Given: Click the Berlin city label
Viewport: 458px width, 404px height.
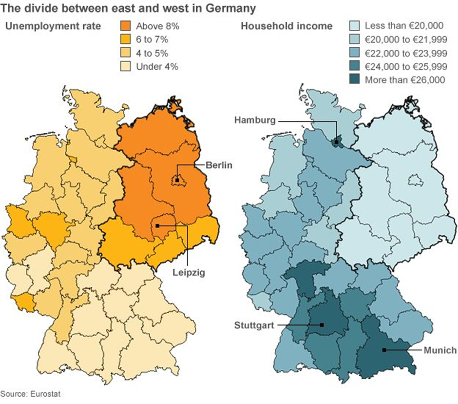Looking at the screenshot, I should [x=219, y=165].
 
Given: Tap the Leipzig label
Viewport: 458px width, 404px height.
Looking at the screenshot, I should [x=189, y=273].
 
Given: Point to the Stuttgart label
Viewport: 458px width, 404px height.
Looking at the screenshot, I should [x=254, y=324].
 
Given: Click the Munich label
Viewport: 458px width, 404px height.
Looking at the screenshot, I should [x=440, y=350].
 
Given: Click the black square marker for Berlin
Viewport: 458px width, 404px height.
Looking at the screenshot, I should [x=177, y=180].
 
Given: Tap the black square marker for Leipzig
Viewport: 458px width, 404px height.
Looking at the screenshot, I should [x=157, y=226].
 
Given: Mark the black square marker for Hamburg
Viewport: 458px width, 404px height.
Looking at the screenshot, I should [x=336, y=142].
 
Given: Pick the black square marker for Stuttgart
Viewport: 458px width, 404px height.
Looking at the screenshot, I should [x=322, y=324].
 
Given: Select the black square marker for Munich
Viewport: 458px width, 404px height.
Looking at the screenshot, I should [x=384, y=350].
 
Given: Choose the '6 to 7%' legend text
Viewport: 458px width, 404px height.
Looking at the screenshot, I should [x=153, y=40].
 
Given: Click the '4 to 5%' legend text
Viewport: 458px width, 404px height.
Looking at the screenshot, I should [x=153, y=53].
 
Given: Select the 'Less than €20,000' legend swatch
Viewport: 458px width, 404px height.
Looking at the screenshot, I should [x=355, y=26].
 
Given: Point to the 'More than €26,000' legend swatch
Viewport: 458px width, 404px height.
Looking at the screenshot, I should [x=355, y=80].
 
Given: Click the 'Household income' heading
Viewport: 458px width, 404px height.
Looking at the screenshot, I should [x=286, y=26].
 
